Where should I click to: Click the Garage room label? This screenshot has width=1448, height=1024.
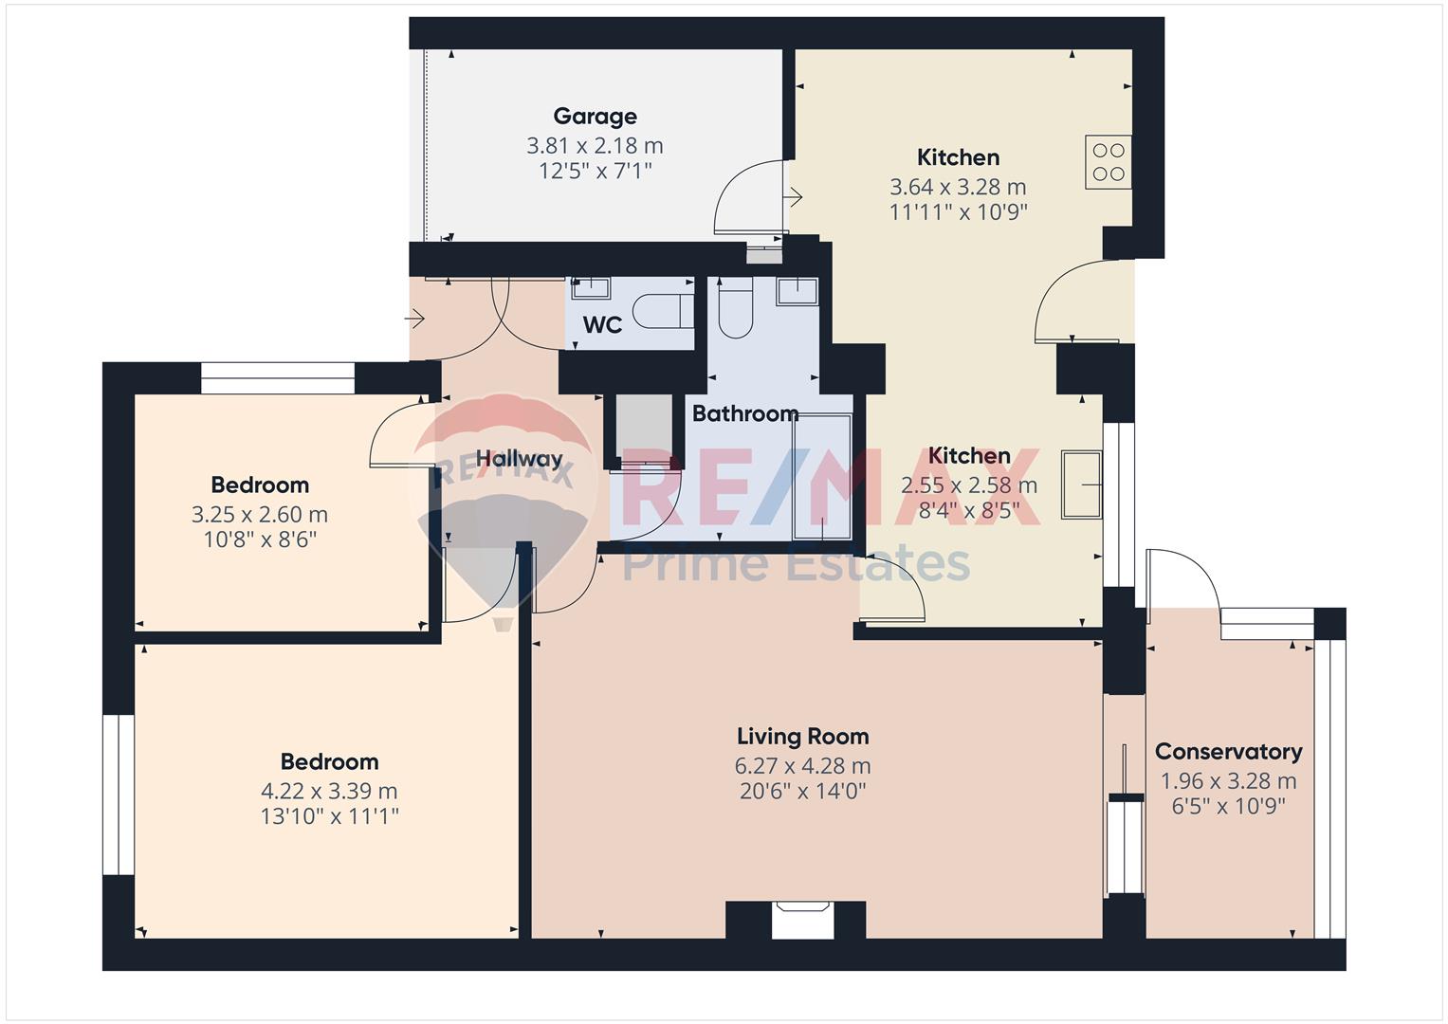(595, 117)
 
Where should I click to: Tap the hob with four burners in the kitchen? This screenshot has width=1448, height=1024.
(1108, 161)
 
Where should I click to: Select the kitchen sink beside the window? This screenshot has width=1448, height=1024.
(1081, 485)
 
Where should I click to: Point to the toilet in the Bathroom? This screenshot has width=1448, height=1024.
(736, 308)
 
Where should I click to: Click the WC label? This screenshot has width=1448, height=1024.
(602, 324)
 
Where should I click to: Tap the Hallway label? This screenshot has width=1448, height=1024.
(519, 459)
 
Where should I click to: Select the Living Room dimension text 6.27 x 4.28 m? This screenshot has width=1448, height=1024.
(802, 766)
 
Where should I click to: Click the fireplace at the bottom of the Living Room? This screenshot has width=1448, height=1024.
(803, 920)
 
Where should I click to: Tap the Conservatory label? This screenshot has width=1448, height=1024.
(1228, 751)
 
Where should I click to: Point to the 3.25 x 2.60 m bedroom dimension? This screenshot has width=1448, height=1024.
(259, 515)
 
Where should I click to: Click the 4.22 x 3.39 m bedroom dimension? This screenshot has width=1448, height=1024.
(329, 792)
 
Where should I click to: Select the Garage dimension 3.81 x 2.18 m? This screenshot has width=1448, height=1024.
(595, 146)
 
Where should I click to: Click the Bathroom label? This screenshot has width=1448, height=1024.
(744, 413)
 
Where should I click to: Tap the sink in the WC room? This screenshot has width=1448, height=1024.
(590, 287)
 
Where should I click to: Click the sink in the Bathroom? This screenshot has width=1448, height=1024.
(797, 291)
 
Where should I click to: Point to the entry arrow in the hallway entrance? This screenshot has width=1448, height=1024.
(413, 319)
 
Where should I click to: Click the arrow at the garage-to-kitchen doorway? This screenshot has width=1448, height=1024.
(793, 196)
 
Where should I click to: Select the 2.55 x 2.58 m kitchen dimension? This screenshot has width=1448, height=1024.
(969, 485)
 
